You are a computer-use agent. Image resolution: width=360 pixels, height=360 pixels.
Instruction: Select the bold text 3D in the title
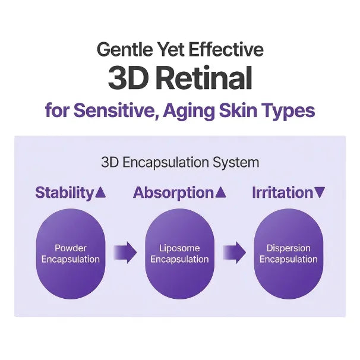(x=128, y=78)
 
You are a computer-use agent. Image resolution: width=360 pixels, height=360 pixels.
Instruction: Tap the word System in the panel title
(x=236, y=163)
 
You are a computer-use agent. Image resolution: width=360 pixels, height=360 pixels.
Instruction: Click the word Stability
(x=64, y=193)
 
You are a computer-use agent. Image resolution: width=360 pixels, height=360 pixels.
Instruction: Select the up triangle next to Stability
(x=100, y=192)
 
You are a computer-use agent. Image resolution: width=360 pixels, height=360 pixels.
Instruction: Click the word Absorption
(x=173, y=193)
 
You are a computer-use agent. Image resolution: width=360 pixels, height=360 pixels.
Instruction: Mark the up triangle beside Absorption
(x=220, y=192)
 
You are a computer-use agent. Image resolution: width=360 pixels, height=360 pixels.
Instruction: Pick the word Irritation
(x=283, y=192)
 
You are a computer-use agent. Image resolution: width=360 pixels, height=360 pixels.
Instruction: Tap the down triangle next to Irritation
(x=320, y=192)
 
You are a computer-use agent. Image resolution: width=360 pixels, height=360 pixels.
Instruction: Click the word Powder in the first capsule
(x=71, y=248)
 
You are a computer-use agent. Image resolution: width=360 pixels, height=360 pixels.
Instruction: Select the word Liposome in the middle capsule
(x=179, y=248)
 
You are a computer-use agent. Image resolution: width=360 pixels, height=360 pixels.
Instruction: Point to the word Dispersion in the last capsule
(x=289, y=248)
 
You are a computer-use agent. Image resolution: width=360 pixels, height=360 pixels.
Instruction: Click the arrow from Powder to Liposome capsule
(x=125, y=252)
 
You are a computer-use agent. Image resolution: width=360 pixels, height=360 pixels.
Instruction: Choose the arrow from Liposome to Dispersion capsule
(x=234, y=252)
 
